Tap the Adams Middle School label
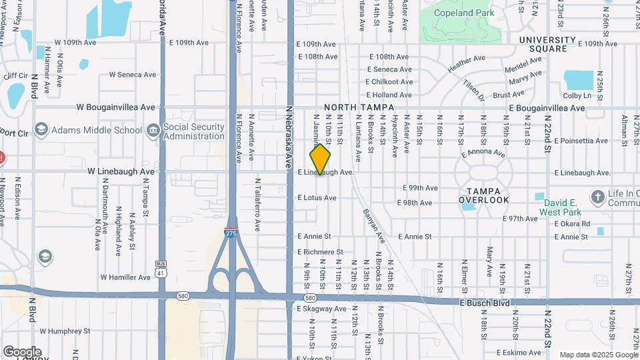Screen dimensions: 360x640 click(92, 130)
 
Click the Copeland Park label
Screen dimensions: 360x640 click(463, 13)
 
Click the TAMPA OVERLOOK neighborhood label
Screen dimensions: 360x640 click(483, 195)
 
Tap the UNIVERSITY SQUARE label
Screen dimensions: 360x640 click(547, 44)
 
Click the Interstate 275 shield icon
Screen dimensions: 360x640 click(230, 233)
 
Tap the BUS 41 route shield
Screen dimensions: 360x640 click(161, 268)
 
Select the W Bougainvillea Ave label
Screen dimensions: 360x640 click(115, 107)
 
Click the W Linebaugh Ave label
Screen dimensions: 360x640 click(121, 171)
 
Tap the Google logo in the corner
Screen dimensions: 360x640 click(22, 351)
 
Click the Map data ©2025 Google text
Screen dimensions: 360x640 click(598, 355)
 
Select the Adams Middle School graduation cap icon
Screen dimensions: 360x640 click(41, 129)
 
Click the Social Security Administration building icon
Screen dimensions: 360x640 click(153, 129)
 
